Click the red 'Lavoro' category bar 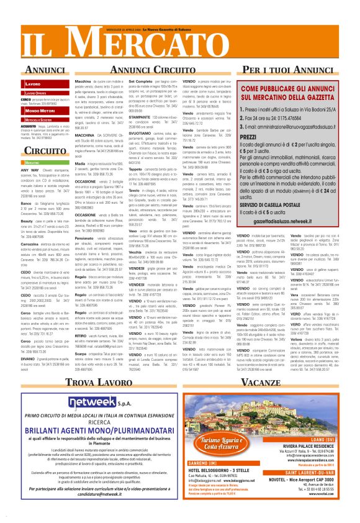(x=41, y=83)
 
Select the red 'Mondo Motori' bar (x=41, y=110)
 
